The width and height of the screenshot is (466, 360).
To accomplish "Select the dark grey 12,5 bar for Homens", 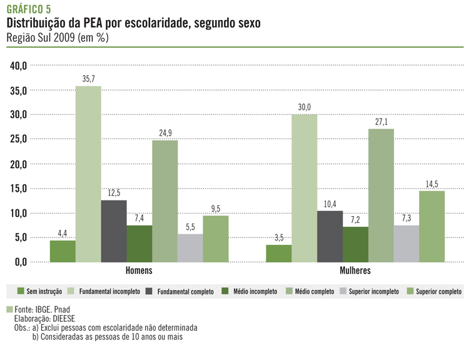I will point(114,231).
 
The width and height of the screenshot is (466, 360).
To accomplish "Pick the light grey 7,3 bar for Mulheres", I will point(406,244).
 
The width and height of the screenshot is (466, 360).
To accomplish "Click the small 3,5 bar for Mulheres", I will point(278,253).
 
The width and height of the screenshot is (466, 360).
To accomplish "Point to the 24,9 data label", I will point(165,134).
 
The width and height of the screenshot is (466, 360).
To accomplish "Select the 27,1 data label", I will point(380,122).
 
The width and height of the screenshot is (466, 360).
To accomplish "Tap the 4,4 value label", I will point(63,234).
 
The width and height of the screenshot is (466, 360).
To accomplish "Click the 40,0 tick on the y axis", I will point(17,66).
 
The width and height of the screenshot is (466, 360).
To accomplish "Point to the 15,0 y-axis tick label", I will point(17,188).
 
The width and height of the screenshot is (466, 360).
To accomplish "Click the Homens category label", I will point(139,271).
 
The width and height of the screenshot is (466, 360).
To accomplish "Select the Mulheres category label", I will point(355,271).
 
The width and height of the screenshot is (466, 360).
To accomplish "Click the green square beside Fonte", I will point(9,309).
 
